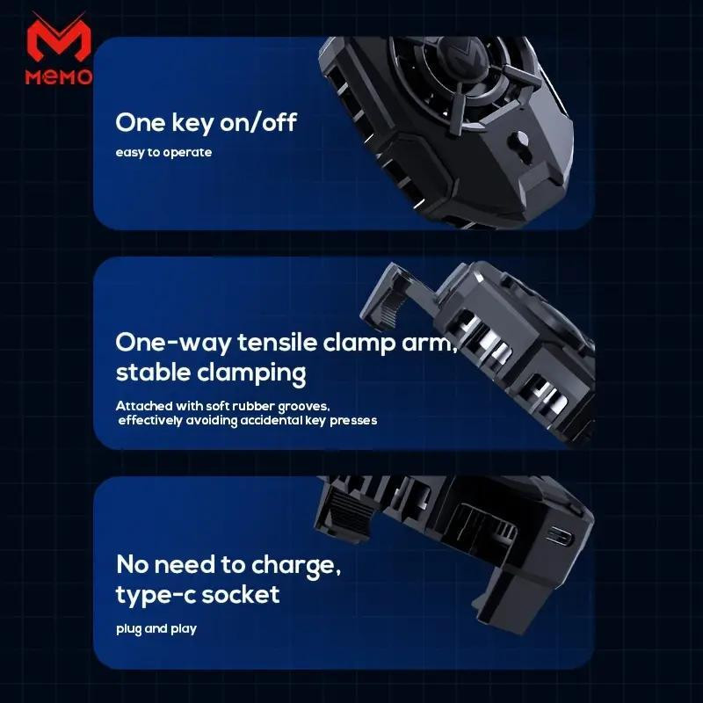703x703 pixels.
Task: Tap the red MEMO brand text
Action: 59,76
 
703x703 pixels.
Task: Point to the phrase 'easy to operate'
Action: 163,152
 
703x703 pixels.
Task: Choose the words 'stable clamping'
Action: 211,373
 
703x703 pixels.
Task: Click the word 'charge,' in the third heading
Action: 296,565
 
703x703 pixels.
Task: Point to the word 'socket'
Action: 241,595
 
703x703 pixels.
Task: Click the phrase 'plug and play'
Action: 156,629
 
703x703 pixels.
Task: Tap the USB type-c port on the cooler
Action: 560,536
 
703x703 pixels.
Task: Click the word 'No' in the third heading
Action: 134,564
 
